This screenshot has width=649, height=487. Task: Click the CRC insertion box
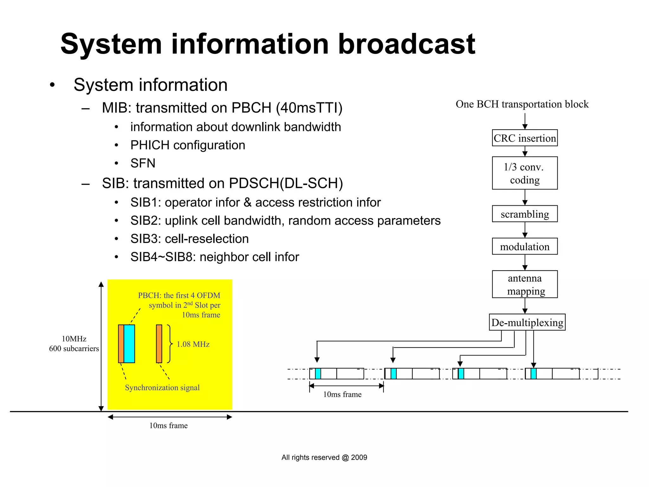tap(524, 138)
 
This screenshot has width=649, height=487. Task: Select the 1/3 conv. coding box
tap(524, 173)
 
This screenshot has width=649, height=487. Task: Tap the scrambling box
tap(524, 214)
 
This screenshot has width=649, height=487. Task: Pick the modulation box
tap(524, 246)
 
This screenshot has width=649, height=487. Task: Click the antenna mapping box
tap(524, 284)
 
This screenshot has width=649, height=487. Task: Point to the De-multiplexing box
tap(527, 322)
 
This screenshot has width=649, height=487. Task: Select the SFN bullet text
tap(143, 163)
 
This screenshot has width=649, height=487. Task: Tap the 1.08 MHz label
tap(193, 344)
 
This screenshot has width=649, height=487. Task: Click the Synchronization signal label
tap(162, 388)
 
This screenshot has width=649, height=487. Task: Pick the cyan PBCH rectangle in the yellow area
tap(129, 344)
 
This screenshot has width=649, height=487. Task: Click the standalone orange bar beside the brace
tap(159, 344)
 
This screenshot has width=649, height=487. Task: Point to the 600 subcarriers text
tap(74, 349)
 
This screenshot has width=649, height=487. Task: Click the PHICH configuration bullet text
tap(188, 145)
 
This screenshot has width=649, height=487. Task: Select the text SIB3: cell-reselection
tap(190, 239)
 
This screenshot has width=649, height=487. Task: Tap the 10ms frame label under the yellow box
tap(168, 426)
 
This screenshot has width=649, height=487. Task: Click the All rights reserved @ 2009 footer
tap(324, 457)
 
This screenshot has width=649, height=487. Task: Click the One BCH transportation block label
tap(522, 104)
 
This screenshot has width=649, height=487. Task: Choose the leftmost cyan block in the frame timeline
tap(318, 374)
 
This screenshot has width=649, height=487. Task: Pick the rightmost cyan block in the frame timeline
tap(533, 374)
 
